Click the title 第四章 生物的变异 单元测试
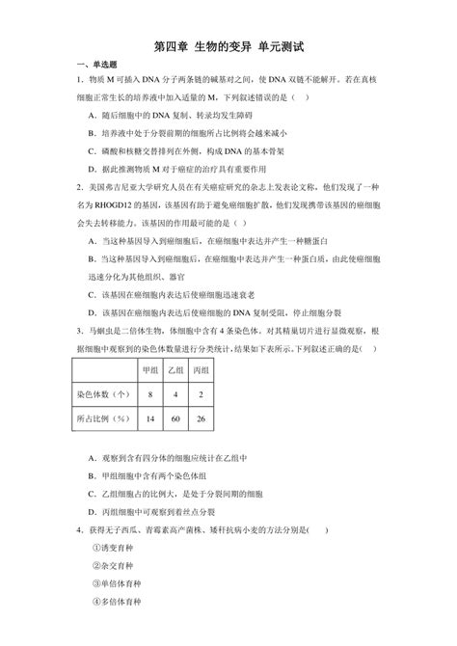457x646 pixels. point(229,46)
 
